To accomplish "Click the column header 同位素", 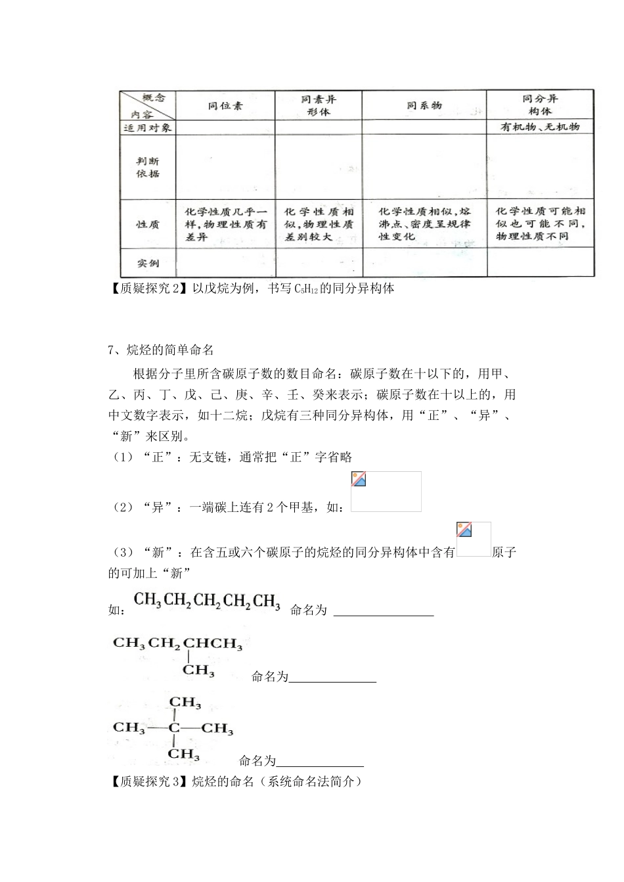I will (x=225, y=105).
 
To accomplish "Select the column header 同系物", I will (x=424, y=105).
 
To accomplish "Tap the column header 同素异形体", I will (x=319, y=105).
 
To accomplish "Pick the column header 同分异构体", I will (x=540, y=105).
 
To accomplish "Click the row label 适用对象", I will (x=148, y=128).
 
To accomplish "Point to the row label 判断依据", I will (x=148, y=168).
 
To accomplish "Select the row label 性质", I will (x=148, y=224).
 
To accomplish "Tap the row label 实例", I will (x=148, y=263).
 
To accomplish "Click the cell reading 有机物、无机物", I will (x=540, y=128).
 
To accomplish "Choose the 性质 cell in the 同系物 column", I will (x=424, y=224).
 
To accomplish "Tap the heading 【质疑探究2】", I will (x=148, y=288).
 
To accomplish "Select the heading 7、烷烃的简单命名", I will (x=160, y=350).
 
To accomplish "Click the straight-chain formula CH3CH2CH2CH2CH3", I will (x=207, y=601).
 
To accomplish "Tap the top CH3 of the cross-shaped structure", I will (x=185, y=702).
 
